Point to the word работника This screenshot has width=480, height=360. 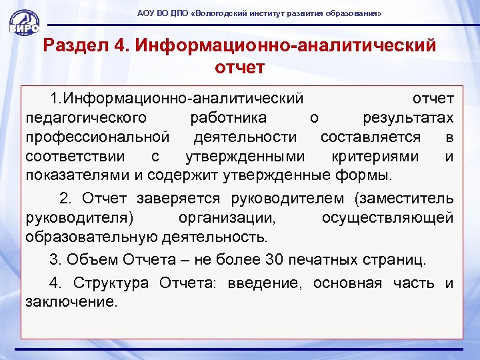click(x=228, y=118)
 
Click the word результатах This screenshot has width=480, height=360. click(x=408, y=118)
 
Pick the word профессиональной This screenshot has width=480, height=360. click(x=97, y=137)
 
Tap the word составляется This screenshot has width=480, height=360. click(x=371, y=137)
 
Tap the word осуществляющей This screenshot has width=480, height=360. click(x=387, y=217)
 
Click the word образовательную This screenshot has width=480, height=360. click(x=91, y=237)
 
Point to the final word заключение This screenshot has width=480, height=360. click(x=71, y=302)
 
